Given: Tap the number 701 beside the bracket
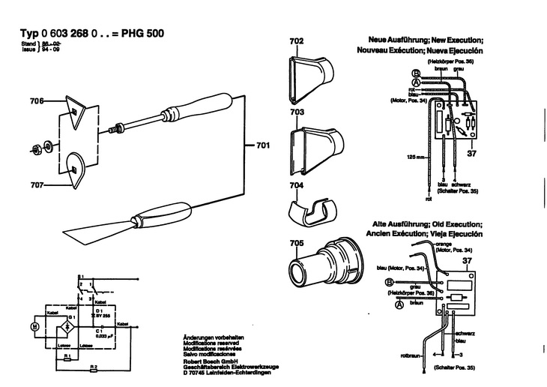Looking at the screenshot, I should coord(262,145).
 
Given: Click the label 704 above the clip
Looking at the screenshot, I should coord(296,184).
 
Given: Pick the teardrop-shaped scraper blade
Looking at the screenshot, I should coord(76,169).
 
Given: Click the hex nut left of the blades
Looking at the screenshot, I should coord(35,145).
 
